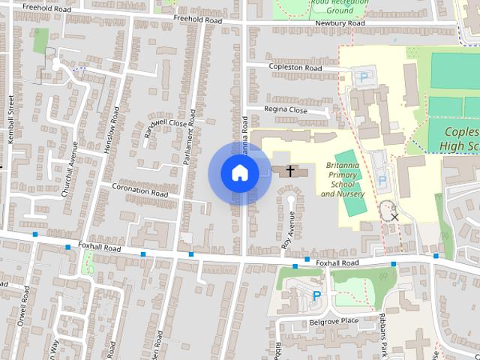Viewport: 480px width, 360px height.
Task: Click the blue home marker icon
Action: pos(239,172)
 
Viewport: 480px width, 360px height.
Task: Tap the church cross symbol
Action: pos(289,171)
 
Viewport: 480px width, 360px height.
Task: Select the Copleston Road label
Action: pos(295,67)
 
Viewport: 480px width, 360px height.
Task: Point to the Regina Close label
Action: pos(286,109)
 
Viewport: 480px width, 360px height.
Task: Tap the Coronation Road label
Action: pos(140,190)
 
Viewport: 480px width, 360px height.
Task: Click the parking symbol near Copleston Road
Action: pos(364,76)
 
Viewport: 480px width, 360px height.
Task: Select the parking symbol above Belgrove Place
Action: pos(316,295)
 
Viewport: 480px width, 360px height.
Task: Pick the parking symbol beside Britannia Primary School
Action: pos(382,180)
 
